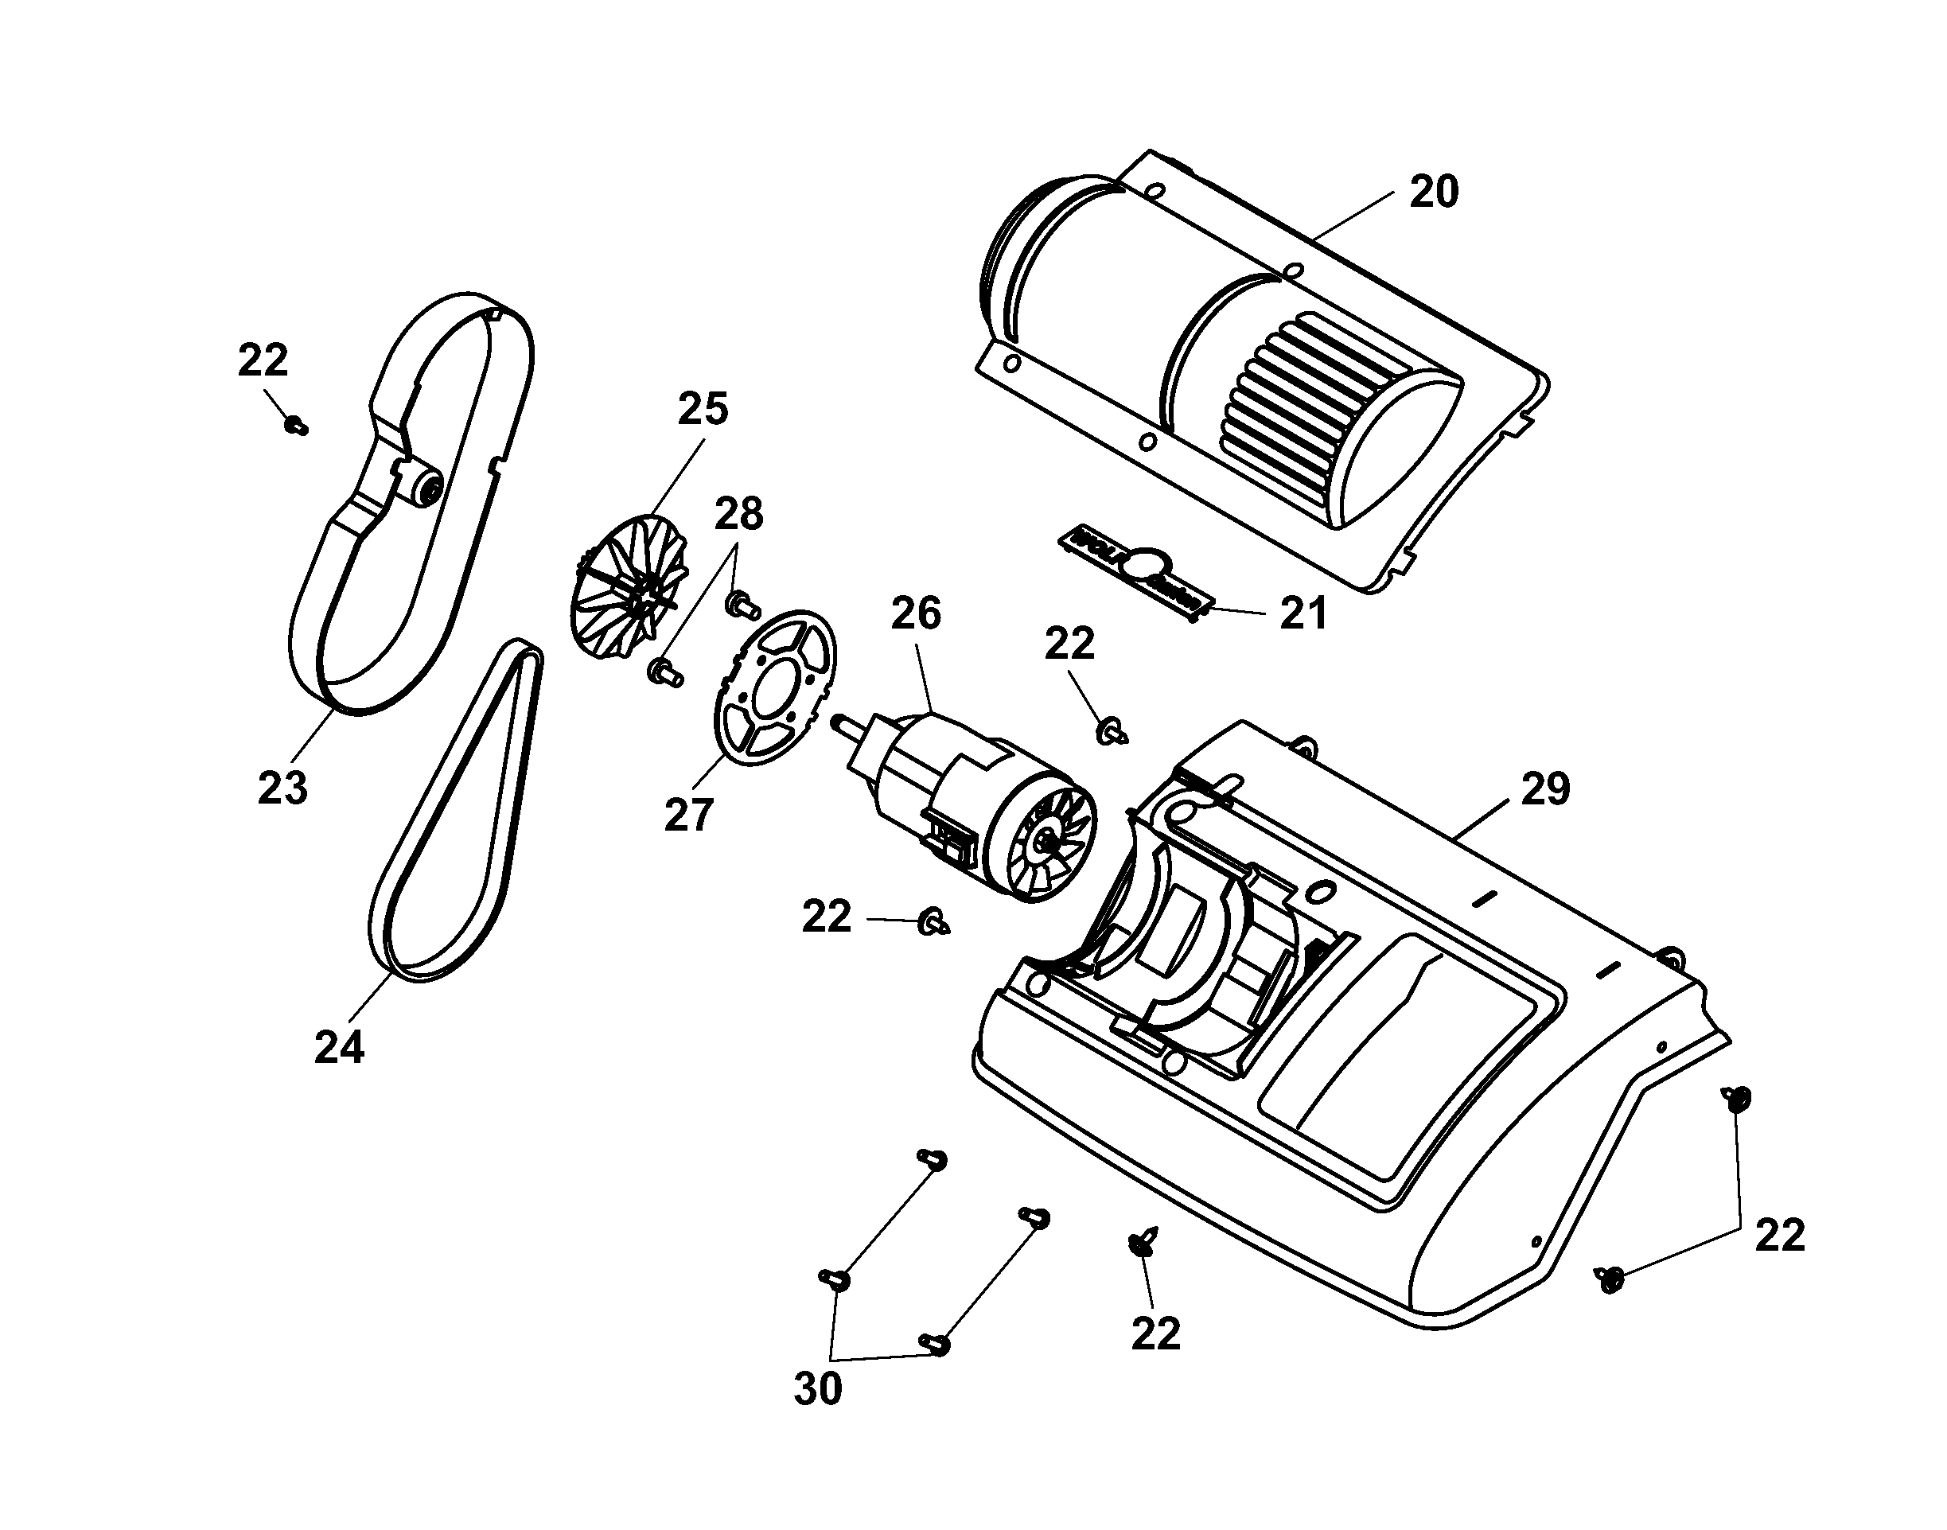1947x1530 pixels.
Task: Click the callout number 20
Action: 1434,192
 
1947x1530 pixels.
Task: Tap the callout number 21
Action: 1303,613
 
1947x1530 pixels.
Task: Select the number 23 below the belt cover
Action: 282,788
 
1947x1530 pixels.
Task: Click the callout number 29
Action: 1545,788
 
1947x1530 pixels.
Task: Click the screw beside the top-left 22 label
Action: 295,425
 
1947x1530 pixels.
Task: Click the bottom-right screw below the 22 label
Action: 1610,1280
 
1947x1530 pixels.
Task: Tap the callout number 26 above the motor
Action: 916,613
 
